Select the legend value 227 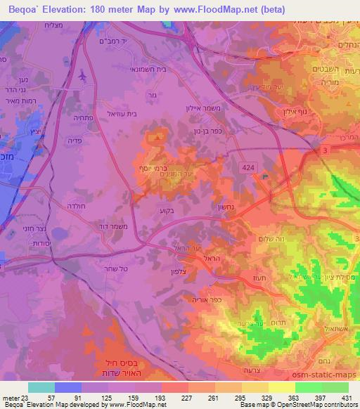[x=176, y=398]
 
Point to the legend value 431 [x=347, y=398]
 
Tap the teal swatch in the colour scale [x=41, y=388]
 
